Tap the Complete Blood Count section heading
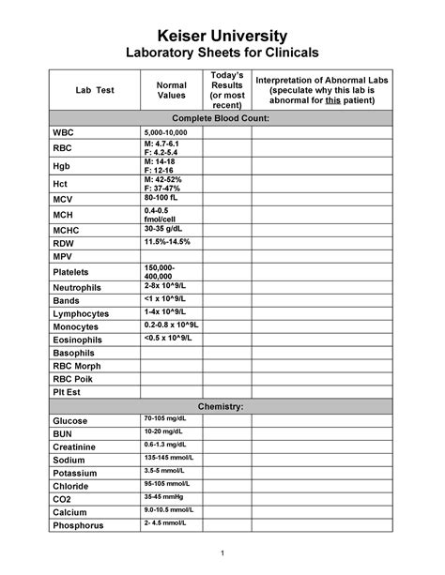click(222, 119)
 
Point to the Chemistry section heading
click(222, 406)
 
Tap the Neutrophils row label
click(77, 287)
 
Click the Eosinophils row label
click(77, 340)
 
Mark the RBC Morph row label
click(76, 366)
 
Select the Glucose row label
click(69, 421)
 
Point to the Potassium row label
click(75, 474)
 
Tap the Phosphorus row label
click(78, 526)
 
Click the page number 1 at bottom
click(222, 551)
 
